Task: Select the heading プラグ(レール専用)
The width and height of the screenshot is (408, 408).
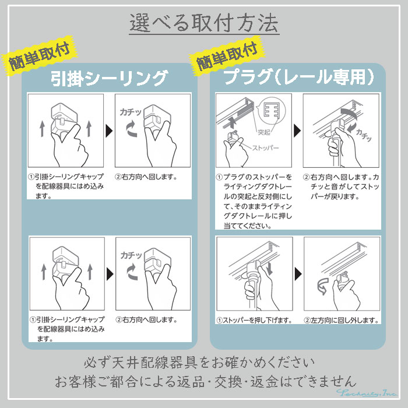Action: point(298,77)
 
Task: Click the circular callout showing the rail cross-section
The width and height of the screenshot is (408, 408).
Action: point(270,110)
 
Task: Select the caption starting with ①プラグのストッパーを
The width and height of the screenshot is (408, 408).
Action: point(252,201)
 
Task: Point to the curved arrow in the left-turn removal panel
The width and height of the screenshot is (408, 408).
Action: point(322,286)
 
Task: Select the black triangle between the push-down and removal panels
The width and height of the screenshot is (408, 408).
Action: point(297,273)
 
